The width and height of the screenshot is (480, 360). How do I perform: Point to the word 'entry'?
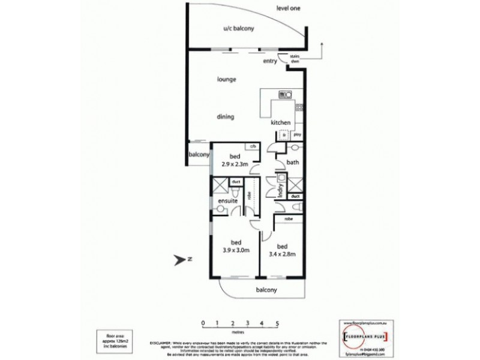[x=270, y=61]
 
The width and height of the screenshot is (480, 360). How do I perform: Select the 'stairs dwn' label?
[x=295, y=59]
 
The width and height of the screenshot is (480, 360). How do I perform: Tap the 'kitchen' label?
[x=281, y=122]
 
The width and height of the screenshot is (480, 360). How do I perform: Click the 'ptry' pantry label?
[x=296, y=136]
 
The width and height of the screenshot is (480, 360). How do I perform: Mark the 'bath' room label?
[x=293, y=162]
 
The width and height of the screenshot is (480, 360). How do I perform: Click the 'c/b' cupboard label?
[x=253, y=146]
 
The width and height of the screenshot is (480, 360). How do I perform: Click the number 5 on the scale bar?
[x=277, y=323]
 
